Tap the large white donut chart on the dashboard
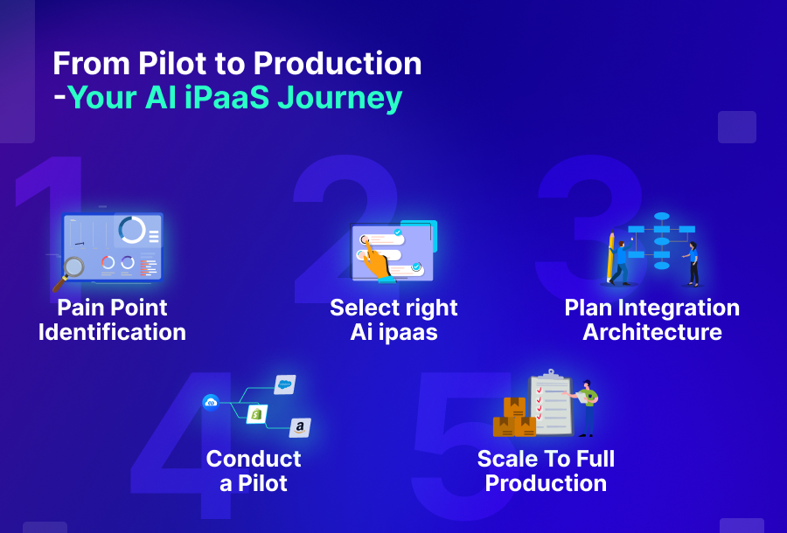pyautogui.click(x=132, y=230)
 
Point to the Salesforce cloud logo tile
pyautogui.click(x=284, y=384)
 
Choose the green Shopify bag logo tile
pyautogui.click(x=256, y=413)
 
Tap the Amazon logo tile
pyautogui.click(x=300, y=427)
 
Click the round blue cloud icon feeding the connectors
pyautogui.click(x=211, y=402)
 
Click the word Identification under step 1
pyautogui.click(x=112, y=333)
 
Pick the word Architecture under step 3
pyautogui.click(x=652, y=333)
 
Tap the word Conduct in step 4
pyautogui.click(x=254, y=459)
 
